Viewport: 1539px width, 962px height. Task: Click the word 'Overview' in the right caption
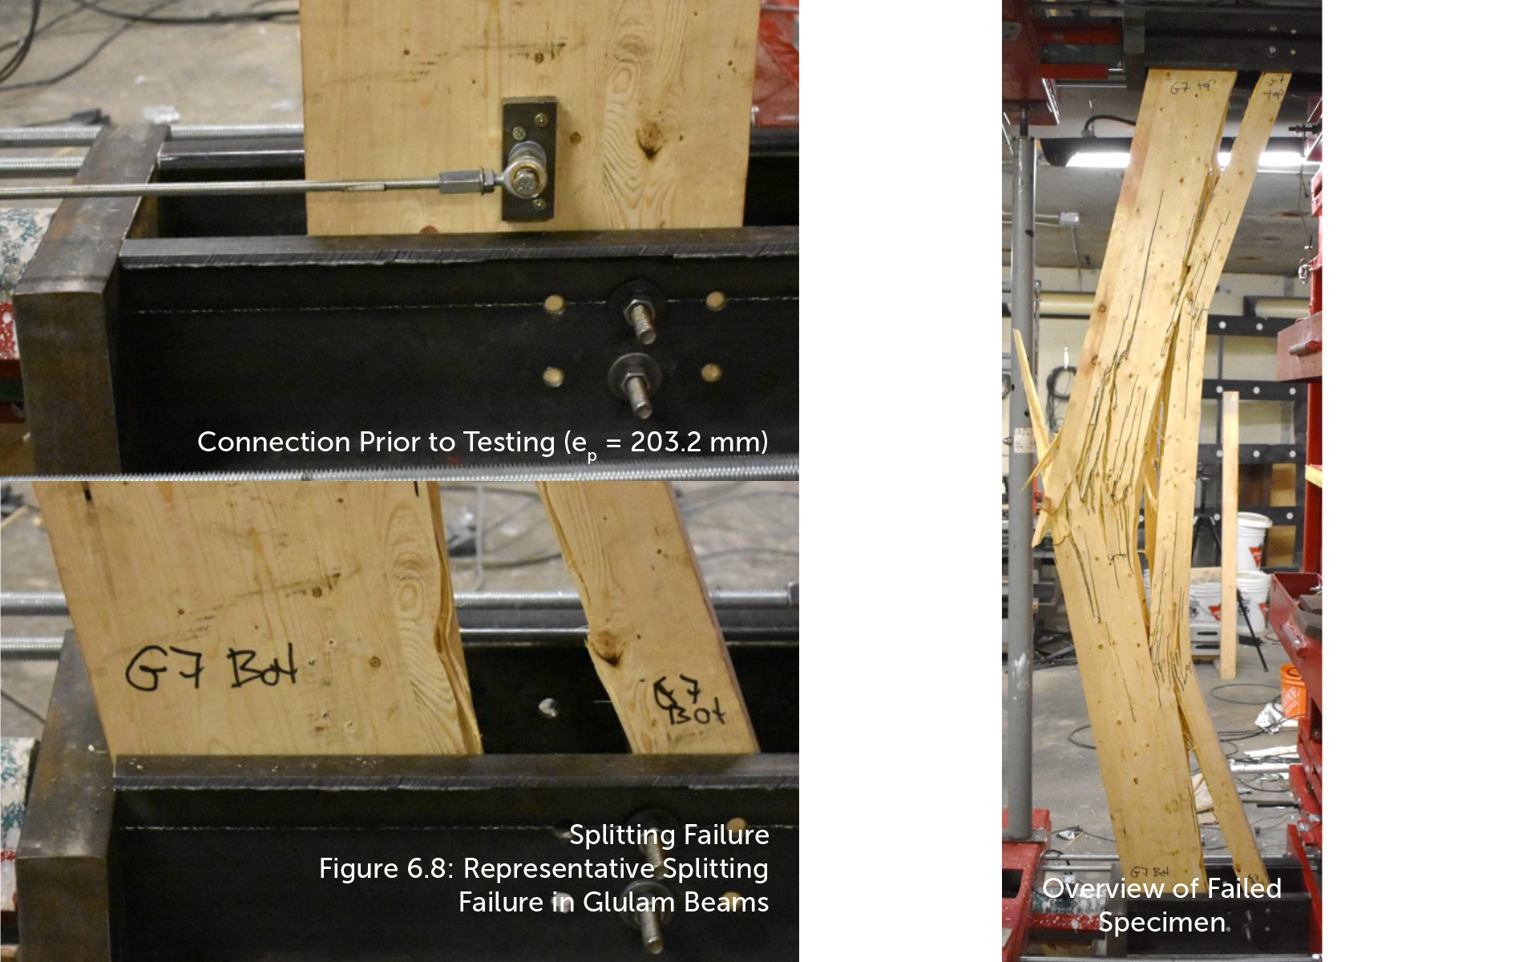pos(1102,888)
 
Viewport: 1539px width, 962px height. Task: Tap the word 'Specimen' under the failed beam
pos(1161,922)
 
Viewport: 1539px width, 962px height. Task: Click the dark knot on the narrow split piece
pos(608,645)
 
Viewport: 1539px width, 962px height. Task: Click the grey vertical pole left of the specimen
pos(1020,481)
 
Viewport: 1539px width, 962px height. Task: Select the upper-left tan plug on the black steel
pos(553,304)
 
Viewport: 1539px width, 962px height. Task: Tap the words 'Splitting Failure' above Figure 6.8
pos(669,835)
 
